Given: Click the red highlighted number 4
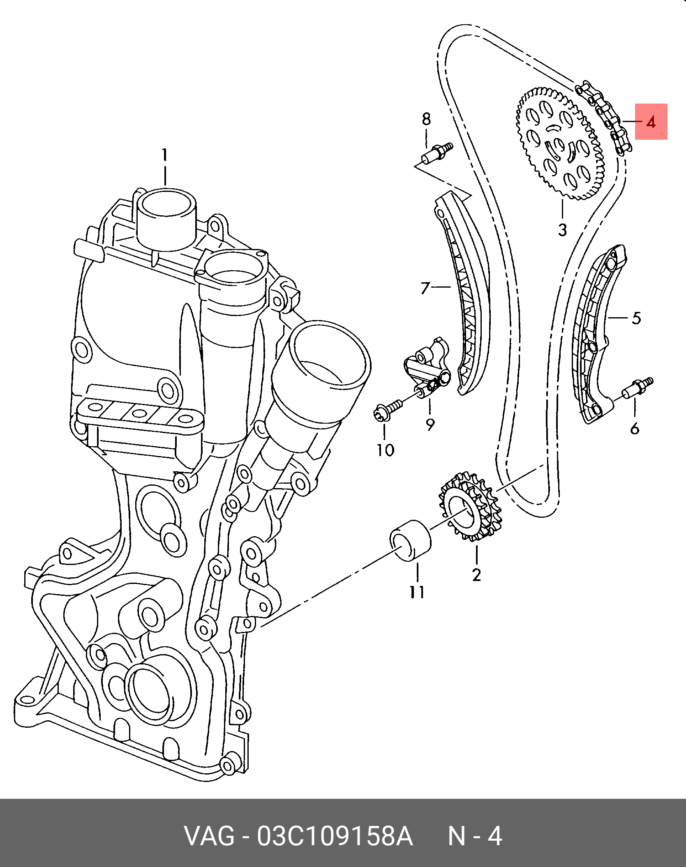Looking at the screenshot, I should (651, 122).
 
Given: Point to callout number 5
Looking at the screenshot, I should (636, 318).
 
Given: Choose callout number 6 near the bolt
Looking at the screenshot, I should (635, 429).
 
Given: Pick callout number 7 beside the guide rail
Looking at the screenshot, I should (425, 287).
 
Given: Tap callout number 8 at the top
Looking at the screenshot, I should (426, 119).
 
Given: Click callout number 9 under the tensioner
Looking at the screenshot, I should (430, 424).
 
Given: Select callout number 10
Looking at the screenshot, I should (385, 450).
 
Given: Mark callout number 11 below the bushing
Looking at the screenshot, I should (417, 592).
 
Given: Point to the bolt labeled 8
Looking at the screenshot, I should (438, 153).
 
